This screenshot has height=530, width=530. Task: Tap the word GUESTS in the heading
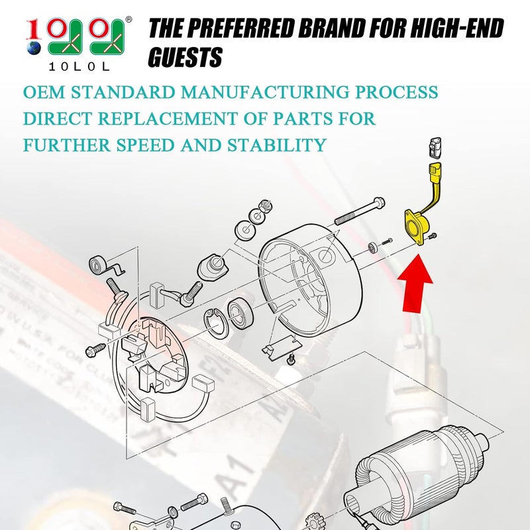coord(185,58)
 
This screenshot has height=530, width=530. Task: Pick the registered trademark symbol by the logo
coord(128,21)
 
